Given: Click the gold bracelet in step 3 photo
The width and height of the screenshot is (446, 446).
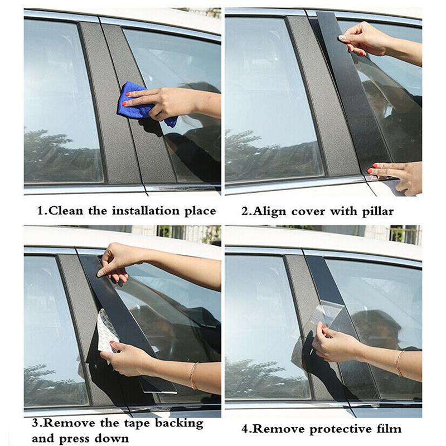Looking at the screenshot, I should click(x=193, y=375).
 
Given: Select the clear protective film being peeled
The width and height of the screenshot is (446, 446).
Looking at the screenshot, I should click(x=329, y=318).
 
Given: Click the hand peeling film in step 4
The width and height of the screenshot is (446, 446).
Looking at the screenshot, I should click(x=335, y=346).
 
